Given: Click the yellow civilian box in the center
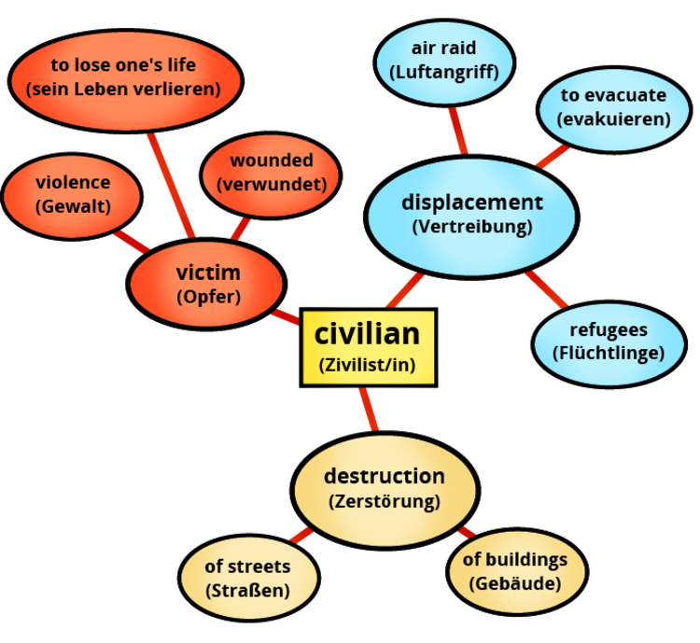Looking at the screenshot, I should [368, 346].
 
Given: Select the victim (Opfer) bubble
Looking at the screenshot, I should [207, 283].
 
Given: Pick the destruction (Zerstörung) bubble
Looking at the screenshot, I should [384, 487].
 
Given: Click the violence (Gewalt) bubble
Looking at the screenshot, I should [73, 194].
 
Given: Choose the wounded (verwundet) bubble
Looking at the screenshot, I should [272, 173].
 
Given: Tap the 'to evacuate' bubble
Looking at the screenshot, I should [613, 107].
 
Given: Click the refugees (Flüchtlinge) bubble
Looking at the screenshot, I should [608, 342].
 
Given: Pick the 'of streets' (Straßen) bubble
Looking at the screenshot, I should [247, 578].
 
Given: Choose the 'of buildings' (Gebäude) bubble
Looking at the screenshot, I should [515, 571].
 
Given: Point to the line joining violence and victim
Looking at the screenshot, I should [131, 241].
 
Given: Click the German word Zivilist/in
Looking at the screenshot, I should [368, 366].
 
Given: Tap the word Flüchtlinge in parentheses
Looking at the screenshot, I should [608, 353].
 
